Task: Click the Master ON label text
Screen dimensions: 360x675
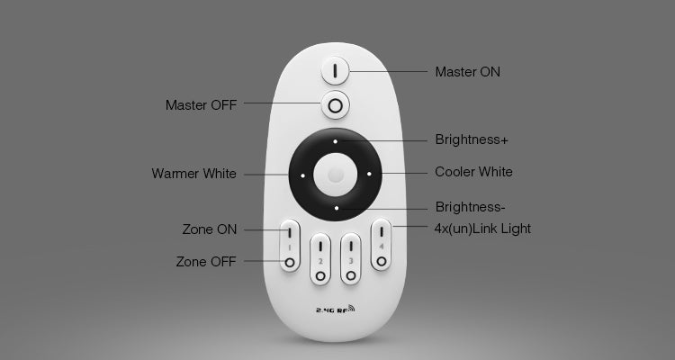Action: (x=467, y=72)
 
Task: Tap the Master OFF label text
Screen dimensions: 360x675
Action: (x=201, y=105)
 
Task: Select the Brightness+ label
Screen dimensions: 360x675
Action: (x=472, y=140)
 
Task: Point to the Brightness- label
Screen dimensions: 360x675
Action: (x=470, y=206)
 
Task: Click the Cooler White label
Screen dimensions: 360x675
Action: (x=473, y=172)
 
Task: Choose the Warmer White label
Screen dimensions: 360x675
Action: (x=194, y=174)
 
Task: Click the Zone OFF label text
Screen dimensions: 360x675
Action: (x=206, y=262)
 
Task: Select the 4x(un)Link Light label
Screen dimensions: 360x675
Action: (x=482, y=229)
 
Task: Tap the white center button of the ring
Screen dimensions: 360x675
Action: (x=336, y=174)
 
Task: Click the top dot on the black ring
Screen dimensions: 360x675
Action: (x=336, y=141)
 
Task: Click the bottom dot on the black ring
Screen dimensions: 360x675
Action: (x=336, y=207)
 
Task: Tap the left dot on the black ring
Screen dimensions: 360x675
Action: (x=303, y=175)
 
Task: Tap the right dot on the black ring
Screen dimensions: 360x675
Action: (x=369, y=174)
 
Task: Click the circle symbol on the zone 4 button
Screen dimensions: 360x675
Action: (x=381, y=261)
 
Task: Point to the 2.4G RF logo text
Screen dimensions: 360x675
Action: (x=330, y=310)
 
